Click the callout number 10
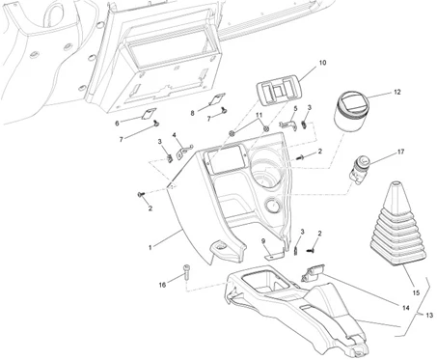(322, 63)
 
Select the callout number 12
(397, 92)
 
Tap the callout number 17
(400, 152)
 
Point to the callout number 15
(416, 292)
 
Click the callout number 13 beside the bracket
(429, 316)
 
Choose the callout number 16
(162, 285)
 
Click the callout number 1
(150, 247)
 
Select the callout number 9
(263, 241)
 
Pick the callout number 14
(406, 308)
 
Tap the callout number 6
(117, 124)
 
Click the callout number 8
(192, 113)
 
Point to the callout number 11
(259, 115)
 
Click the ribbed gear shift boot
(398, 225)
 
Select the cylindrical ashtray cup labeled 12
(351, 112)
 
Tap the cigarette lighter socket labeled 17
(360, 168)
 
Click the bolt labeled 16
(187, 272)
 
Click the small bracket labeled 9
(274, 255)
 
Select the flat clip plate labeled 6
(149, 114)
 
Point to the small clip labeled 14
(313, 272)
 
